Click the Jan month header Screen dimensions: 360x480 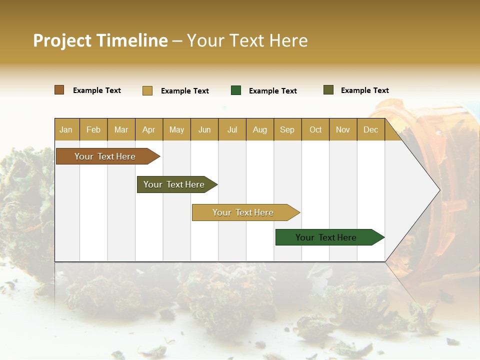pyautogui.click(x=66, y=130)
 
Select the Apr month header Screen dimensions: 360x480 pyautogui.click(x=148, y=130)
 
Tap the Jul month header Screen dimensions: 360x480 pyautogui.click(x=232, y=130)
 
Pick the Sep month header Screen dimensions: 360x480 pyautogui.click(x=287, y=130)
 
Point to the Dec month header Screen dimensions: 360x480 pyautogui.click(x=370, y=130)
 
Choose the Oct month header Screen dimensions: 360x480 pyautogui.click(x=315, y=130)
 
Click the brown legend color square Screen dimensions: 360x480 pyautogui.click(x=59, y=90)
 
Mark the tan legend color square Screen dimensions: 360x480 pyautogui.click(x=147, y=90)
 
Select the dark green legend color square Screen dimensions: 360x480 pyautogui.click(x=236, y=90)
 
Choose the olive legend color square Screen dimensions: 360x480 pyautogui.click(x=328, y=90)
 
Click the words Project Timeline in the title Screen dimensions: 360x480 pyautogui.click(x=100, y=40)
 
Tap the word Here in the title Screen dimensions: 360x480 pyautogui.click(x=288, y=40)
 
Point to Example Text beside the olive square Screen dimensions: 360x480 pyautogui.click(x=364, y=90)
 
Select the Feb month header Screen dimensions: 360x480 pyautogui.click(x=93, y=130)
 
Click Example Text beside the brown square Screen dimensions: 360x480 pyautogui.click(x=97, y=90)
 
